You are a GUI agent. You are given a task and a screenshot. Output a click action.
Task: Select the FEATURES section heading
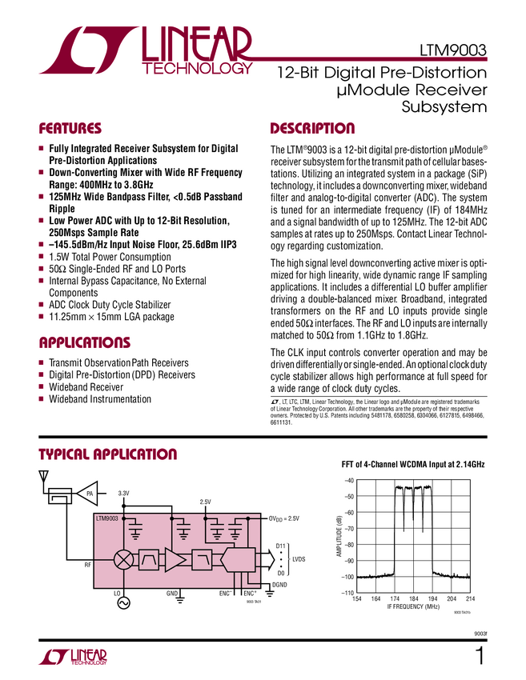pyautogui.click(x=70, y=129)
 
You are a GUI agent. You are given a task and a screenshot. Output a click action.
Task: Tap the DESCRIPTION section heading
pyautogui.click(x=312, y=129)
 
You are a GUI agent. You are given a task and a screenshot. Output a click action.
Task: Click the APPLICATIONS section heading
pyautogui.click(x=84, y=343)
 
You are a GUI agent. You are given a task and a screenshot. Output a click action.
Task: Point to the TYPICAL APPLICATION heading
pyautogui.click(x=107, y=455)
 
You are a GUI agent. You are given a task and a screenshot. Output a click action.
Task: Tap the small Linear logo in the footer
pyautogui.click(x=72, y=658)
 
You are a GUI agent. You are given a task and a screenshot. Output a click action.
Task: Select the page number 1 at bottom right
pyautogui.click(x=480, y=658)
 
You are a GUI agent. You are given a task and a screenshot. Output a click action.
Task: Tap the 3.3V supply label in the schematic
pyautogui.click(x=124, y=494)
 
